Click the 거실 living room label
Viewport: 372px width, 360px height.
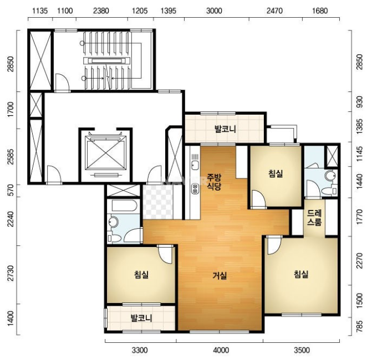(x=220, y=275)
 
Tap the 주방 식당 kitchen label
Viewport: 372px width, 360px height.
(x=214, y=182)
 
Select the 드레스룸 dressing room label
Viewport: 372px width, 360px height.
(x=314, y=218)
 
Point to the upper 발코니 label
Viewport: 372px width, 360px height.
(x=225, y=129)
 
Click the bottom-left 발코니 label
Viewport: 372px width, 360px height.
(x=141, y=318)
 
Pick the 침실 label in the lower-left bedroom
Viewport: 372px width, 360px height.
(x=141, y=275)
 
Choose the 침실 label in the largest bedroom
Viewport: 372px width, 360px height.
(x=301, y=275)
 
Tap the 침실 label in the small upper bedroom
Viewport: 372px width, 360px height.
(x=276, y=174)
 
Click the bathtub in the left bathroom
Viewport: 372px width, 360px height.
(x=124, y=205)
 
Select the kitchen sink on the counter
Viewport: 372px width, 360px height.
(x=195, y=165)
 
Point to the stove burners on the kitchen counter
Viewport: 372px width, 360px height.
(x=195, y=189)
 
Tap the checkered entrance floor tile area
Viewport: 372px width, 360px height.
(x=158, y=202)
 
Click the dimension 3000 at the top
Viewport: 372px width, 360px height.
(x=214, y=11)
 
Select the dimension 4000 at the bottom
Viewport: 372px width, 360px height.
(x=221, y=350)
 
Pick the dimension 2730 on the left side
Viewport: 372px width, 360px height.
(x=11, y=273)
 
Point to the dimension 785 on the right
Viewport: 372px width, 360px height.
(x=360, y=327)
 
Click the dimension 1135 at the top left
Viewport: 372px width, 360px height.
(x=40, y=11)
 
